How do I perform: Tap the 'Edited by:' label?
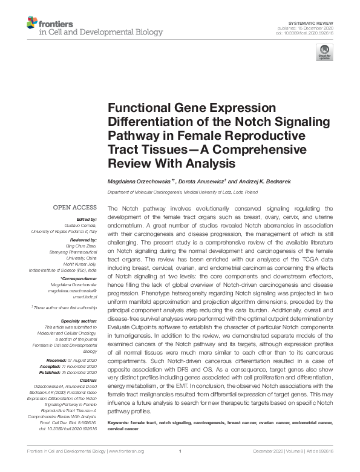(87, 218)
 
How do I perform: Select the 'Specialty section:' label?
(79, 321)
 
